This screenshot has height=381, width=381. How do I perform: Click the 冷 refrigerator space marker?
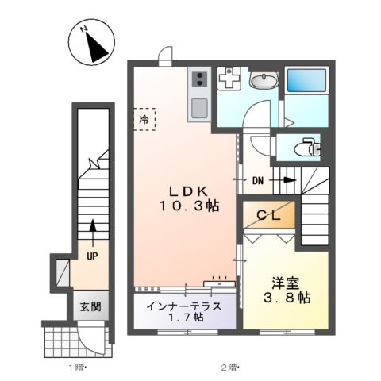[x=144, y=119]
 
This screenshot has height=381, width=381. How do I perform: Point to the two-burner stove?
[x=198, y=79]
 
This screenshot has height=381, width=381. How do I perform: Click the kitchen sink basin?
[x=198, y=107]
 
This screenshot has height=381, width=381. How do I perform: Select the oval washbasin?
[x=263, y=80]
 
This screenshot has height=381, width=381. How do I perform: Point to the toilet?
[x=306, y=147]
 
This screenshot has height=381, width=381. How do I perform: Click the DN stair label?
[x=259, y=181]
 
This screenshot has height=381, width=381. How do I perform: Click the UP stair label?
[x=92, y=256]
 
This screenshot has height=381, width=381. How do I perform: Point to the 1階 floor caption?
[x=75, y=367]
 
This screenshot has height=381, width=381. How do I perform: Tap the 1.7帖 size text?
[x=185, y=318]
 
